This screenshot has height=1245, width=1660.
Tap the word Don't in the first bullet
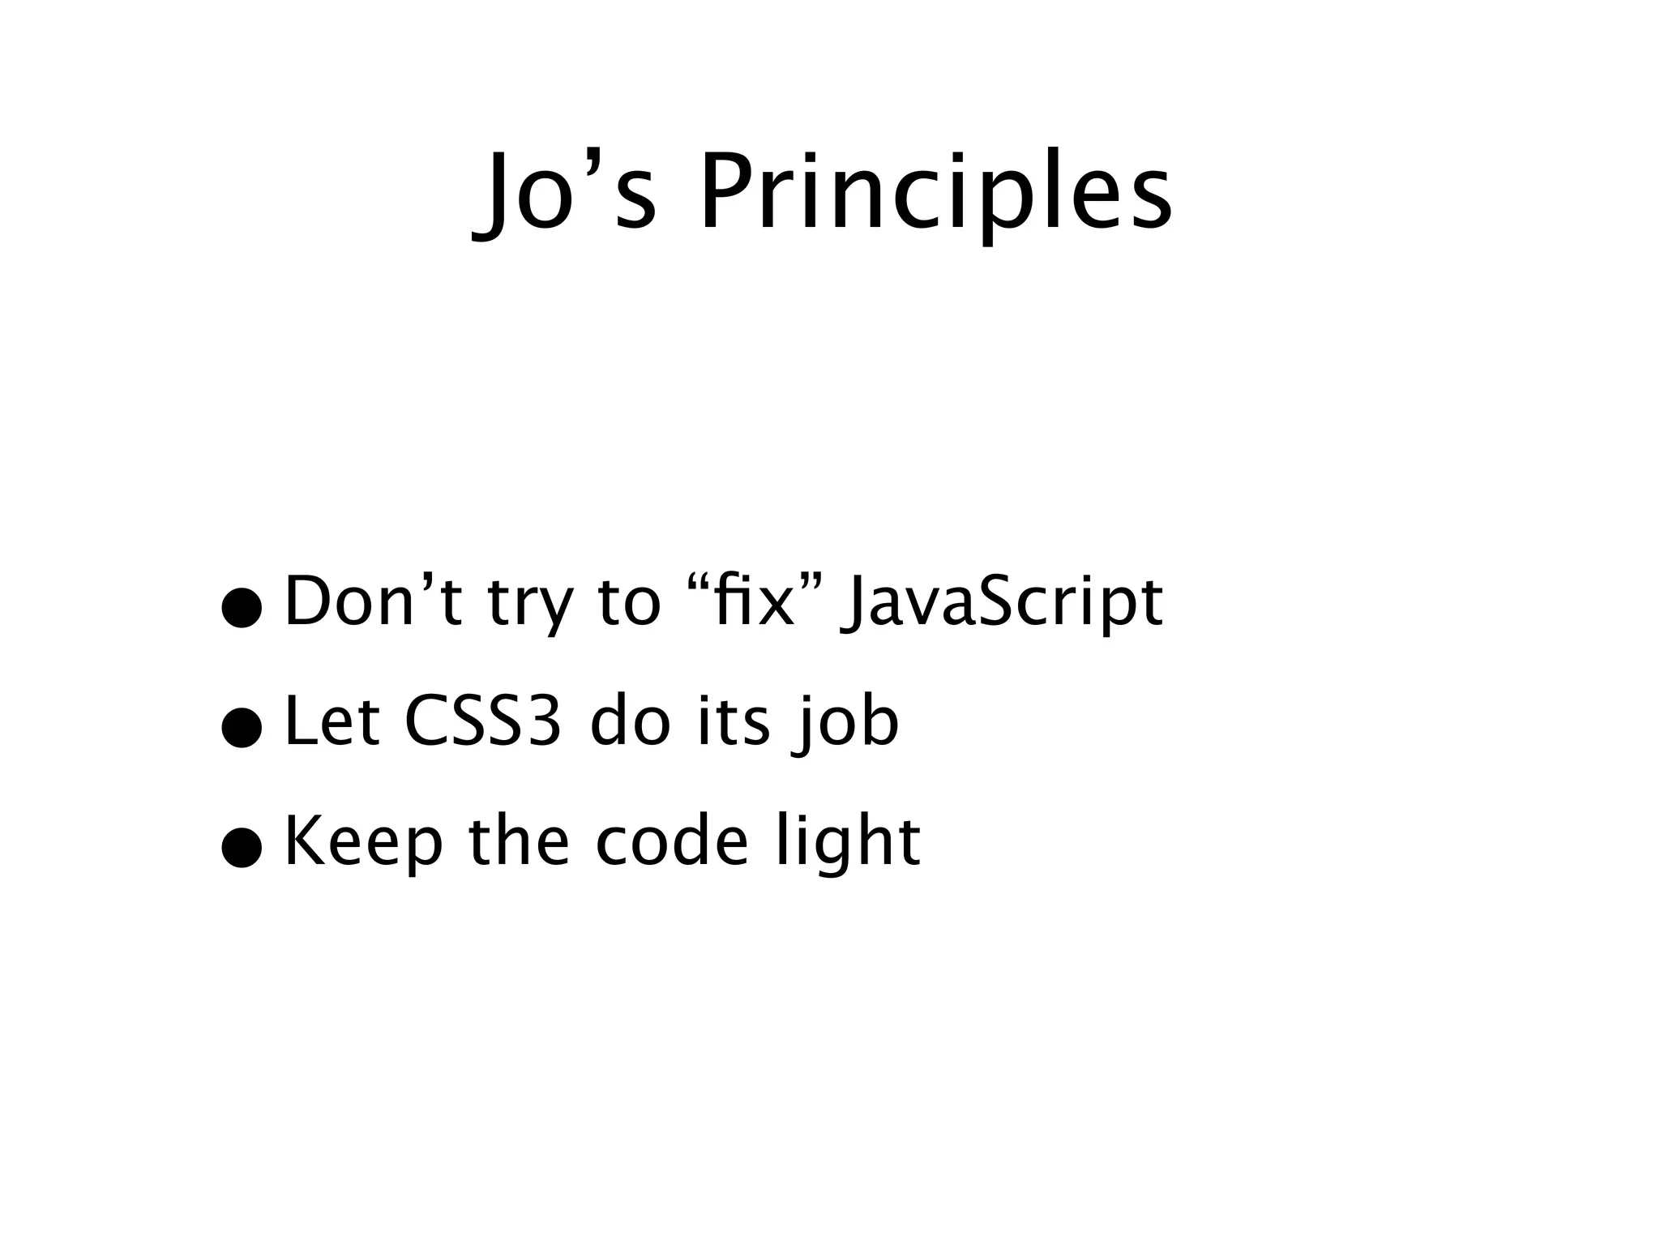click(x=373, y=601)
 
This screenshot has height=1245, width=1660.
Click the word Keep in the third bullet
click(x=364, y=843)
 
